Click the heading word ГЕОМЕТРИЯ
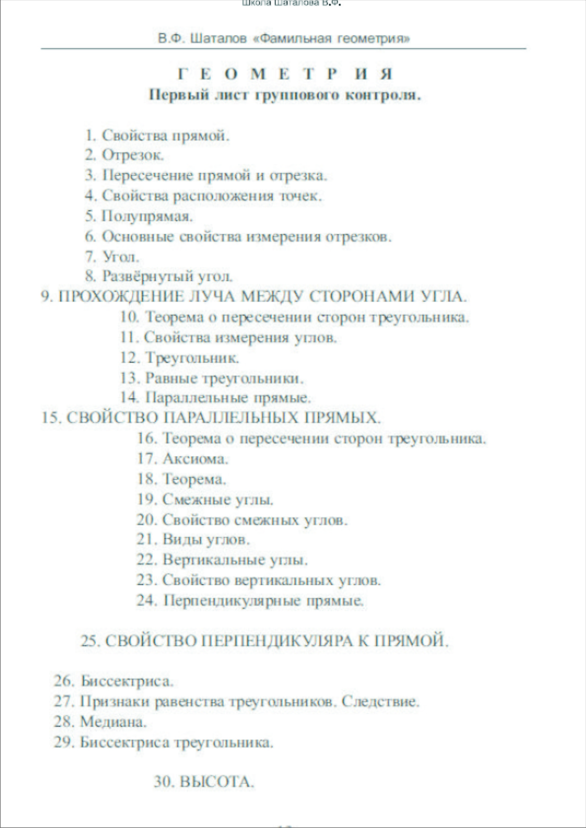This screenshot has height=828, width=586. [285, 74]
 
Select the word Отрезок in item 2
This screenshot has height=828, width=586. [133, 155]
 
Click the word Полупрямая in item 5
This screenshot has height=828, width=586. [147, 216]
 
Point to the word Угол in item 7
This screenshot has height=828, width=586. [120, 257]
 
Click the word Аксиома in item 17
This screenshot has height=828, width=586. [195, 458]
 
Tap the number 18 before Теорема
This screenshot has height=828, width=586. [147, 479]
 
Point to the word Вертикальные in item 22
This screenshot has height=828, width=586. [213, 560]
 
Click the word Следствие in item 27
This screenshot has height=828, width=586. [380, 701]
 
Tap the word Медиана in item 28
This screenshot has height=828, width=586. [113, 722]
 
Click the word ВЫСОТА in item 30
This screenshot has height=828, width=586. [217, 782]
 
